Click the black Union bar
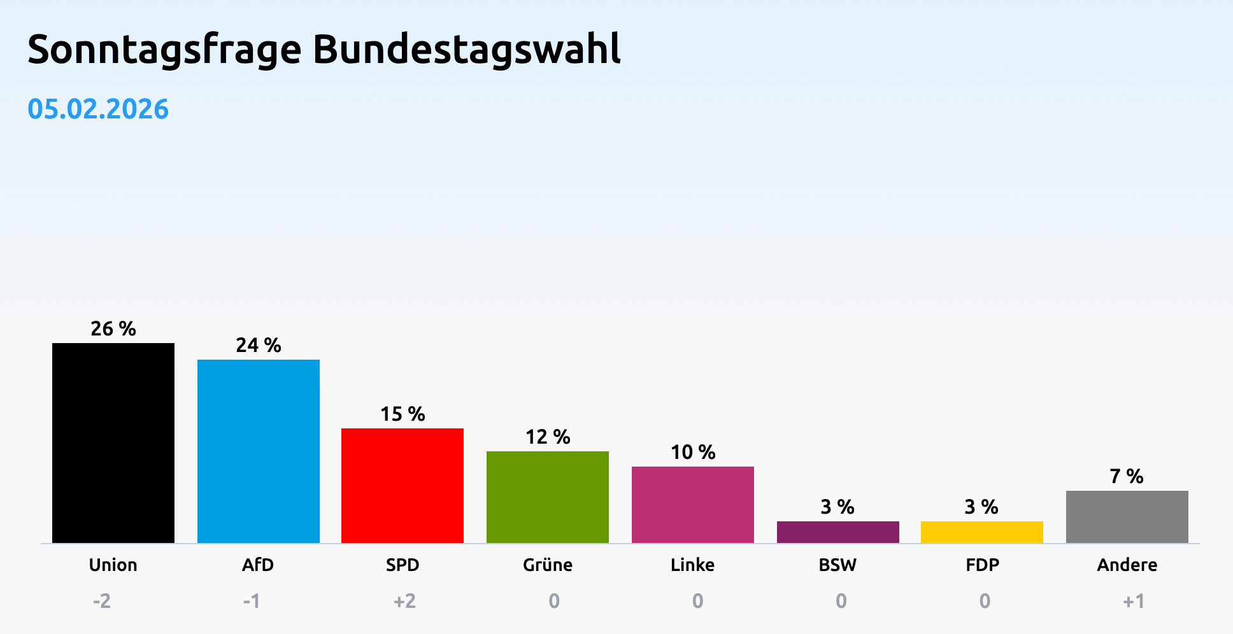113,443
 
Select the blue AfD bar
259,451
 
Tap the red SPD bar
403,486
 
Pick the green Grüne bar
548,497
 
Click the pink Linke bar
693,505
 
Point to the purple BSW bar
838,532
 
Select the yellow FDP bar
982,532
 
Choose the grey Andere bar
1127,517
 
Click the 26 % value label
113,329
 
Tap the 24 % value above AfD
259,346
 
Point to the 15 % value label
403,414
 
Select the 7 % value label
1127,476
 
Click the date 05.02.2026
98,109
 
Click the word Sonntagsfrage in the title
164,50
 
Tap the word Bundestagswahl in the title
466,50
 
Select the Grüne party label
548,565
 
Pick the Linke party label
692,565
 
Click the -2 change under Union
102,601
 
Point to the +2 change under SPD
404,601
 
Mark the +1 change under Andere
1134,601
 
